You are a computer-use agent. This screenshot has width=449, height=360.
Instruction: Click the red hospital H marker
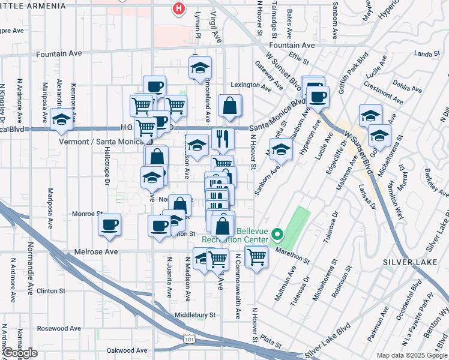point(178,8)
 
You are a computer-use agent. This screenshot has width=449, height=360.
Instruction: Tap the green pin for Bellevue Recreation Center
point(277,234)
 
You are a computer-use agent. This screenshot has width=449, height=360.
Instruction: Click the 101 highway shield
point(190,340)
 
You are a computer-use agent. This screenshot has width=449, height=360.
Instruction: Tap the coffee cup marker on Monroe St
point(109,225)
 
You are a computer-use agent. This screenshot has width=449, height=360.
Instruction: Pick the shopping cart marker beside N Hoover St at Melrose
point(256,256)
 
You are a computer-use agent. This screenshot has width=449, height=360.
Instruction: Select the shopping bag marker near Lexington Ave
point(230,106)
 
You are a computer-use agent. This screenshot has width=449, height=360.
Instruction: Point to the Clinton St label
point(51,290)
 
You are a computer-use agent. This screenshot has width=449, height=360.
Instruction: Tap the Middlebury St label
point(194,314)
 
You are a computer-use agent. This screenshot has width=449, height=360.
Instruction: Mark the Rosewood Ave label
point(59,328)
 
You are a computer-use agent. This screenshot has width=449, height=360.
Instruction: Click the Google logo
point(20,353)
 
